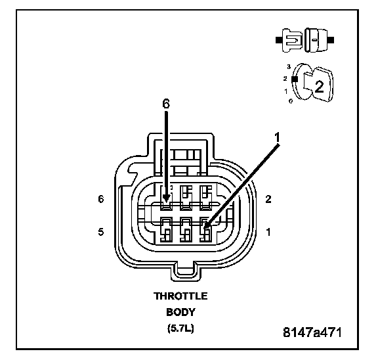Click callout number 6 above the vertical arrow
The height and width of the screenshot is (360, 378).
click(166, 104)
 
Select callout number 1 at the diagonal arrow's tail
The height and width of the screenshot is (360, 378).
click(277, 137)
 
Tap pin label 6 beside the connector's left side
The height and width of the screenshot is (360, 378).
click(101, 199)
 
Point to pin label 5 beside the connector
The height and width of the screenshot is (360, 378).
click(101, 232)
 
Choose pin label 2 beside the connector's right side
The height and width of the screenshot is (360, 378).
click(268, 199)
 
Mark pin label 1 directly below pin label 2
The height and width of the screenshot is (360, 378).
click(268, 232)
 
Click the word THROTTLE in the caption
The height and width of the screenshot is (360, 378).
click(180, 296)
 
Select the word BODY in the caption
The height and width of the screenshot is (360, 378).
click(180, 312)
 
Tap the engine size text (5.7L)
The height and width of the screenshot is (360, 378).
click(180, 328)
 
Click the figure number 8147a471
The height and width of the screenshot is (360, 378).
click(312, 332)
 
